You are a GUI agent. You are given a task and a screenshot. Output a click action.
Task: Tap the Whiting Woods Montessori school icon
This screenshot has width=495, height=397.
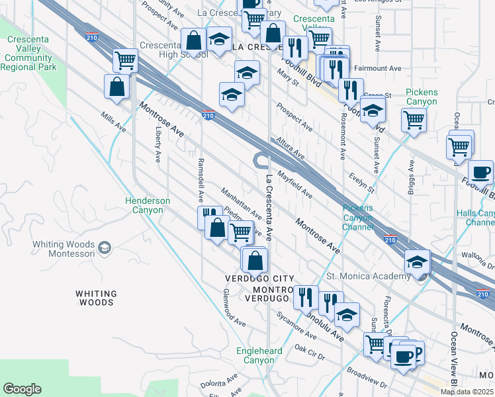pos(104,247)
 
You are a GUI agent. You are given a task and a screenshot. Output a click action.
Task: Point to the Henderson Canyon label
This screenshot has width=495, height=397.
pos(148,205)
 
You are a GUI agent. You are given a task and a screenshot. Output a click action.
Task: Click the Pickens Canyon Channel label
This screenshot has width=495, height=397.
pos(357,218)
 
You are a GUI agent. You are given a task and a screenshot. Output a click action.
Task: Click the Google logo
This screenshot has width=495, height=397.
pos(22,389)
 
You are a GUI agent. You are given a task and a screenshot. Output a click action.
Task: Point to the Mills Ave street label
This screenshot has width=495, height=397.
pos(113,121)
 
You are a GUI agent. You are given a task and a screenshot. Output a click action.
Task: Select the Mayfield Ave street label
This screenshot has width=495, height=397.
pos(294,185)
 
